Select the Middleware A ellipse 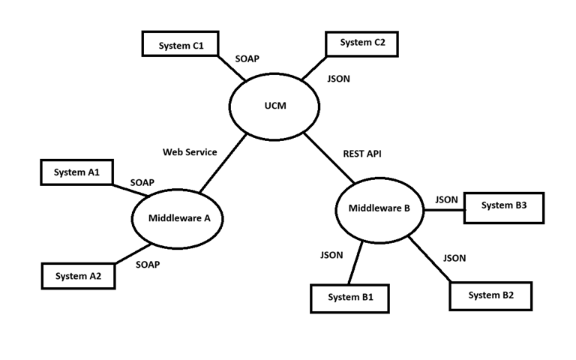[179, 219]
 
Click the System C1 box [181, 45]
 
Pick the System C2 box [361, 43]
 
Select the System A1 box [76, 172]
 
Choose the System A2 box [77, 276]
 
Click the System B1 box [350, 298]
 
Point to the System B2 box [490, 295]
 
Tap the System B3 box [503, 206]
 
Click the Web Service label [190, 152]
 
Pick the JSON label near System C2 [339, 78]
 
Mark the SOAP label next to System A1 [142, 182]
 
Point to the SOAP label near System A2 [148, 265]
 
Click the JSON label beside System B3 [446, 199]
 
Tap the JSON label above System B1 [331, 255]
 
